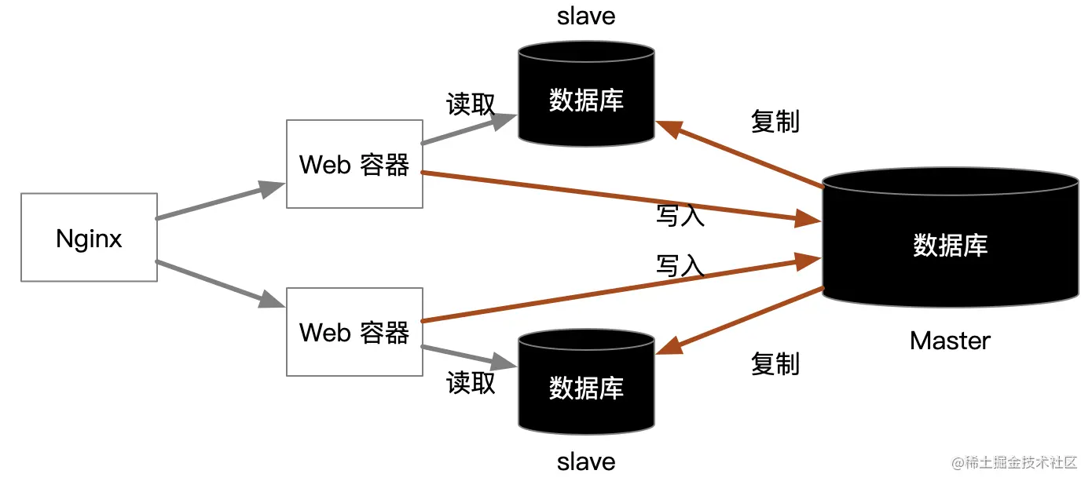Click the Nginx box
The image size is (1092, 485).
(89, 237)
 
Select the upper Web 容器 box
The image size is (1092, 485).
(354, 164)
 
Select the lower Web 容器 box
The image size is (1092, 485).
(354, 331)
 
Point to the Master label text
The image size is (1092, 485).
(950, 341)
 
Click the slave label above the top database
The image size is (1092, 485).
(586, 16)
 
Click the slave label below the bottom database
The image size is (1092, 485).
(586, 461)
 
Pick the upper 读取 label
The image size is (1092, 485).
(471, 104)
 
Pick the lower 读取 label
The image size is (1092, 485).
(471, 382)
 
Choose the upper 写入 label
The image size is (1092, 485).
(680, 216)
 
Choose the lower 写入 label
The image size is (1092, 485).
(680, 266)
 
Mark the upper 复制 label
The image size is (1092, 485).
(775, 122)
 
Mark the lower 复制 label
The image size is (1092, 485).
(775, 363)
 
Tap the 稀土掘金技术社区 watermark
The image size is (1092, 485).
(1014, 463)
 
